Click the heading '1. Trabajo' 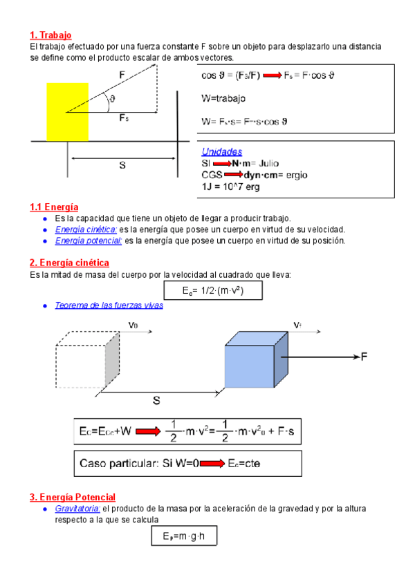[50, 35]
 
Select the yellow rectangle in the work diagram [67, 111]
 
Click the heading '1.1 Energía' [54, 207]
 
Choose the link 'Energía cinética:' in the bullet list [86, 229]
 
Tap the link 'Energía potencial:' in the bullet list [89, 240]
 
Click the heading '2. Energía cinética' [69, 263]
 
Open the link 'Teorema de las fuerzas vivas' [109, 305]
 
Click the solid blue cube [250, 366]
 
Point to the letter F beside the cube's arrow [365, 357]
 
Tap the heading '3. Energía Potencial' [72, 497]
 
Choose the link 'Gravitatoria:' [77, 509]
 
